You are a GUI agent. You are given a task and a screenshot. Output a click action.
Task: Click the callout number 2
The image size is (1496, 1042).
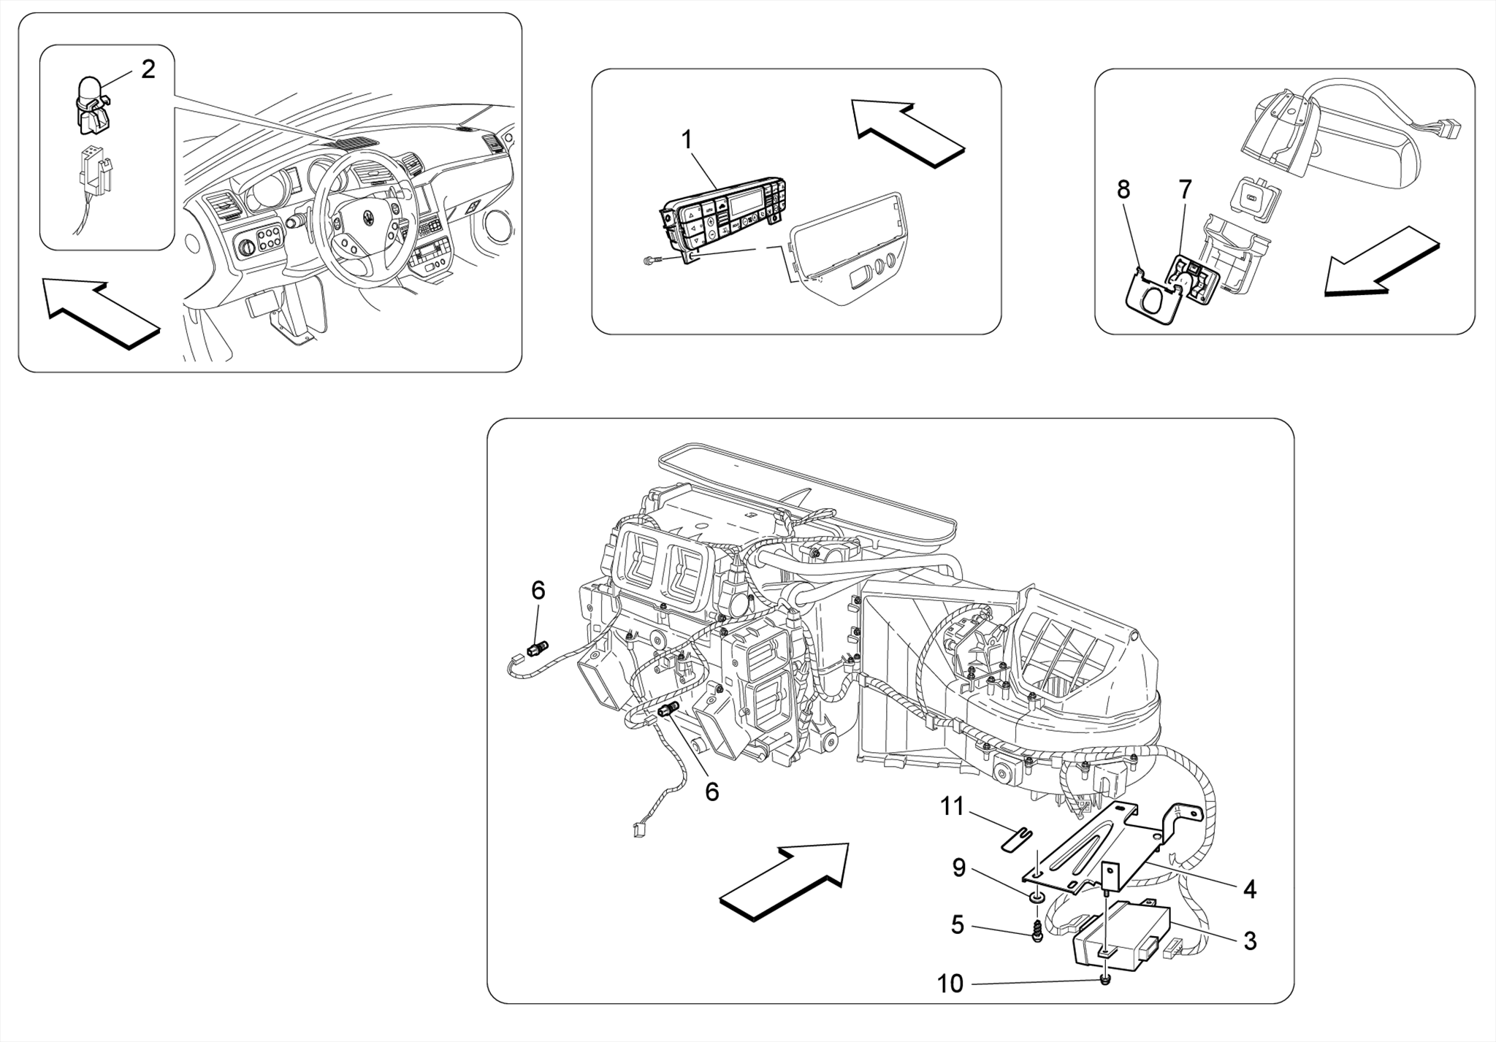[148, 70]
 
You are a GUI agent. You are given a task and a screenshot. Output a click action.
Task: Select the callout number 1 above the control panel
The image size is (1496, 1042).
[687, 139]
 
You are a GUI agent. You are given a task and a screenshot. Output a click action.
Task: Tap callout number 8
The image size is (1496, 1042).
[1123, 189]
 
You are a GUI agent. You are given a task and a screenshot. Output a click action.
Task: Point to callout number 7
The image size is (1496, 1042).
[1185, 189]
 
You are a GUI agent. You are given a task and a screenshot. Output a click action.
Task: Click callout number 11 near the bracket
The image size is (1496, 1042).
[953, 807]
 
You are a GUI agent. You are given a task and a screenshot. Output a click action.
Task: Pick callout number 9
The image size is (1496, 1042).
[959, 867]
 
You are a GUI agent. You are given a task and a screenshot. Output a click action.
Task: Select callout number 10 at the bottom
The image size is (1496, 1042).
[950, 984]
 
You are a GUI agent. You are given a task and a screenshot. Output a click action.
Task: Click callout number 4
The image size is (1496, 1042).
[1250, 889]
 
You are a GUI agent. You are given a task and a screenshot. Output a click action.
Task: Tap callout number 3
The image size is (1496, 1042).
[1250, 941]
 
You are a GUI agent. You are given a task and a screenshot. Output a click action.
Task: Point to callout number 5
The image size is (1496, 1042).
[958, 925]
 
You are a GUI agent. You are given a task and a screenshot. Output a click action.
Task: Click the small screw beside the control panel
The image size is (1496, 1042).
[649, 261]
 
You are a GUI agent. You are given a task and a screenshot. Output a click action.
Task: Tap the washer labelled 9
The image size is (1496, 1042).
[1036, 896]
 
